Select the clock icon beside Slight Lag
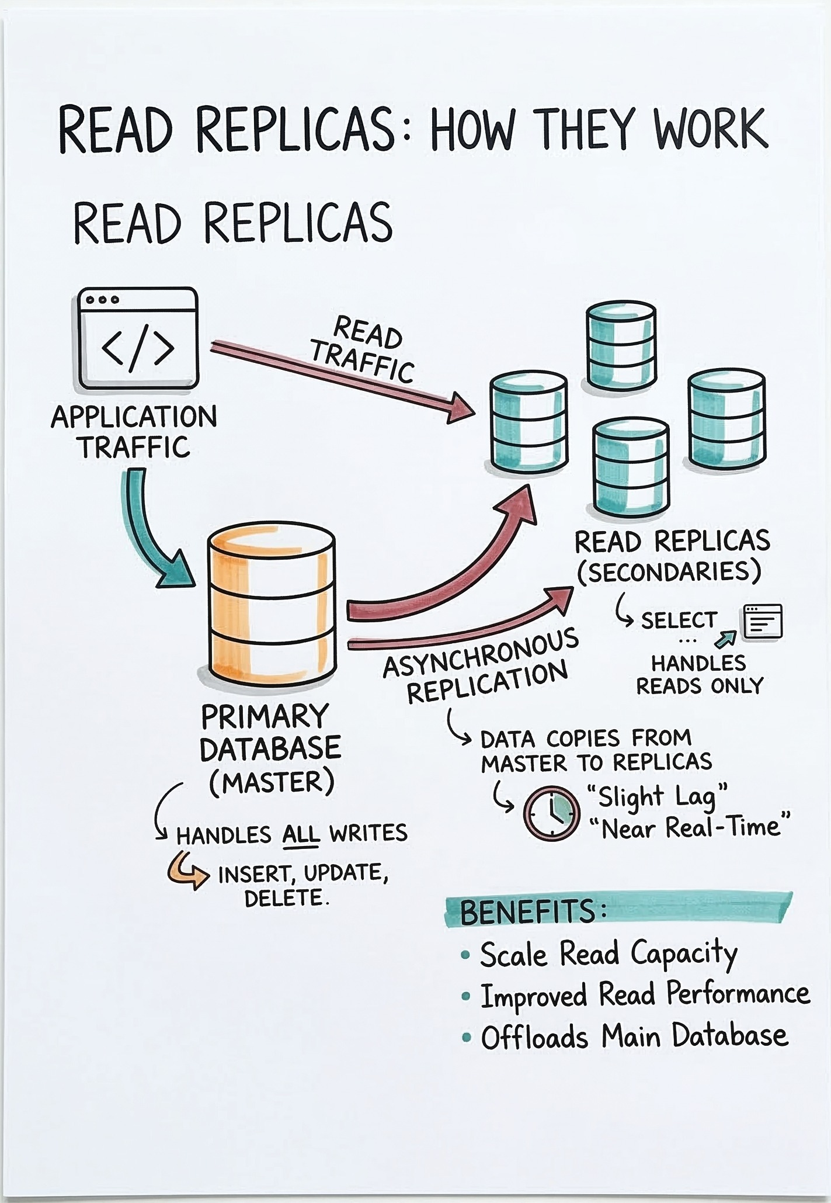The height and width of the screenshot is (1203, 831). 551,813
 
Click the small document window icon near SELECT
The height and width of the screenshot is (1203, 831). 762,622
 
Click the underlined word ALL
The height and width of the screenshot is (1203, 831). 301,834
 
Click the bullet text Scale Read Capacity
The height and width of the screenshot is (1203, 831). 607,955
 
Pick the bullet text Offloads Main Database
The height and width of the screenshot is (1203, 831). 634,1037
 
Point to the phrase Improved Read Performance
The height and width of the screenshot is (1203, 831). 645,996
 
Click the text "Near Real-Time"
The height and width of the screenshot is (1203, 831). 689,828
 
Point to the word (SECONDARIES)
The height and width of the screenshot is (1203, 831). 669,572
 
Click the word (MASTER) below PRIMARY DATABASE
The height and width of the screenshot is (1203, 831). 272,782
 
